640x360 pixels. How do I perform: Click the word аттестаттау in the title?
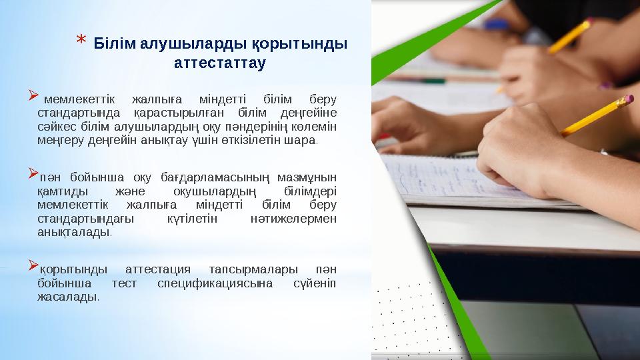pyautogui.click(x=219, y=63)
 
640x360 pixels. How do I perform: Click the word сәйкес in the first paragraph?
pyautogui.click(x=55, y=127)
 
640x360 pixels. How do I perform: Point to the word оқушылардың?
pyautogui.click(x=205, y=191)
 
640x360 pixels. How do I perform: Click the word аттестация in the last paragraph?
pyautogui.click(x=158, y=269)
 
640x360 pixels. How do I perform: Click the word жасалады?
pyautogui.click(x=67, y=296)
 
